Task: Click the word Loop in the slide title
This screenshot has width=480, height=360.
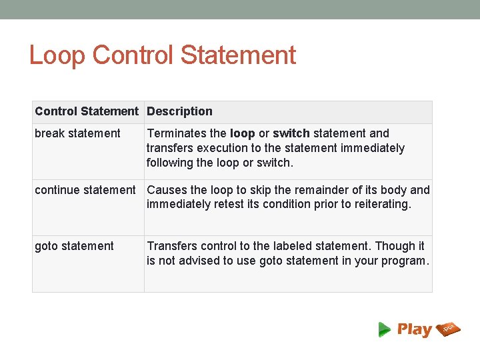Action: pyautogui.click(x=57, y=55)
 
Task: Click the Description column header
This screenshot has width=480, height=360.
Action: pyautogui.click(x=179, y=111)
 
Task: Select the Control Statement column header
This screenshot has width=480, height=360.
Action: pyautogui.click(x=87, y=111)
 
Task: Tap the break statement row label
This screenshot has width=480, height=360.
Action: pyautogui.click(x=77, y=133)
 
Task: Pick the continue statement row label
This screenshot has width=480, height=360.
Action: pyautogui.click(x=85, y=190)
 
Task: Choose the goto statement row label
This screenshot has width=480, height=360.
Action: pyautogui.click(x=74, y=246)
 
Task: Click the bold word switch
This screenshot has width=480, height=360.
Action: pyautogui.click(x=291, y=133)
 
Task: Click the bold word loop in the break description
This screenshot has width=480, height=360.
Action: pyautogui.click(x=242, y=133)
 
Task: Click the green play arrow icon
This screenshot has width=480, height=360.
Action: pyautogui.click(x=385, y=329)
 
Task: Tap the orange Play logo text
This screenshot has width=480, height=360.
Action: pyautogui.click(x=414, y=329)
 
